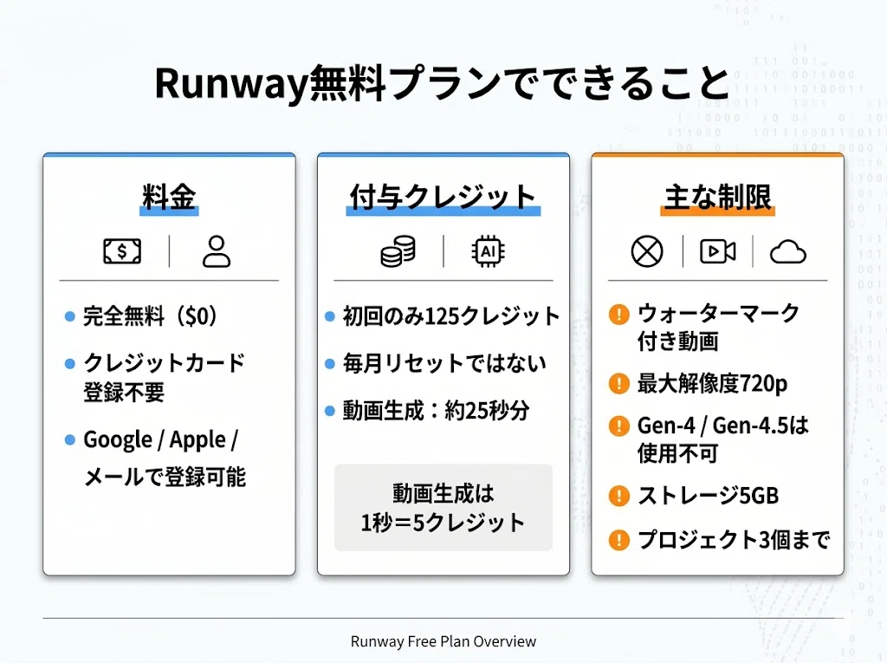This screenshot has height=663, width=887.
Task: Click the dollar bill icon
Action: [122, 250]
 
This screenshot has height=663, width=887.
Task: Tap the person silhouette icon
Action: [216, 251]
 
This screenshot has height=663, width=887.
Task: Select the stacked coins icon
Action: [398, 251]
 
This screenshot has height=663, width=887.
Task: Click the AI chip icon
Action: [489, 251]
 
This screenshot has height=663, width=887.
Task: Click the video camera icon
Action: [718, 251]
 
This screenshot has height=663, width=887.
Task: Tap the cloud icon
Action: [788, 252]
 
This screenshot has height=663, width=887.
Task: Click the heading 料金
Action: [169, 197]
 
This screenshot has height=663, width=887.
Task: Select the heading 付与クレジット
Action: [443, 197]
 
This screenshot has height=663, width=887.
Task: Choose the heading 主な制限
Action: [717, 197]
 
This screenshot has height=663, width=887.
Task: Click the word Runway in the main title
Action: [230, 84]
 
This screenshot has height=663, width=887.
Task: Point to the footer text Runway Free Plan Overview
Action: [443, 641]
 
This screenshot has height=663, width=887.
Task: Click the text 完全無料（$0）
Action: [151, 316]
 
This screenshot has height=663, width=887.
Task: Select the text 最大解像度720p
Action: [712, 384]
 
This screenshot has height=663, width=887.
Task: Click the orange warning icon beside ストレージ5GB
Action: [618, 496]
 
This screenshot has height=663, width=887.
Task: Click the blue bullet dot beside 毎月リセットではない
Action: [330, 363]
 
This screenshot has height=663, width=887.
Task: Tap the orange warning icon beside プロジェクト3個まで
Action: [618, 540]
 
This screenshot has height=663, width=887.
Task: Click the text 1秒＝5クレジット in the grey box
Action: [443, 523]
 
